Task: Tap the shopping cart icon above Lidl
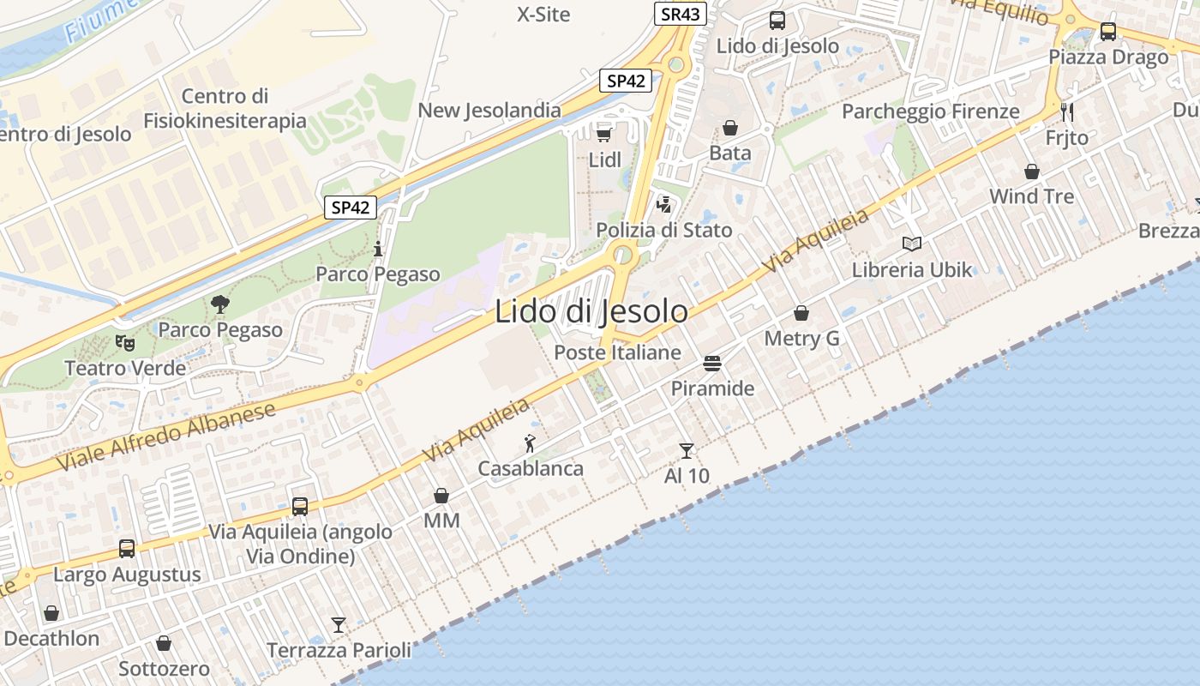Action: click(603, 134)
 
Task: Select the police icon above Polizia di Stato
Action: click(664, 205)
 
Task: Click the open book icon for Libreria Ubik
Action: click(912, 244)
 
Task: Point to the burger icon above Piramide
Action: click(712, 363)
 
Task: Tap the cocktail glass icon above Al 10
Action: click(686, 450)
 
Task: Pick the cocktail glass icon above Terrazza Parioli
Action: click(339, 625)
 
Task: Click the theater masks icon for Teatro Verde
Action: click(125, 343)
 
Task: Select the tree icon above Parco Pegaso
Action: click(220, 304)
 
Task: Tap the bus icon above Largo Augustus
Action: click(127, 549)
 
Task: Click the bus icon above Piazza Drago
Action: click(1108, 32)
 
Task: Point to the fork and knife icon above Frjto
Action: click(1067, 112)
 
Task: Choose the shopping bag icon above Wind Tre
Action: click(1032, 171)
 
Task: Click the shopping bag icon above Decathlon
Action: click(51, 613)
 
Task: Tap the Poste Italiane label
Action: click(617, 352)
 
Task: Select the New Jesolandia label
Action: click(489, 111)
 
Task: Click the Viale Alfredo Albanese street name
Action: click(166, 436)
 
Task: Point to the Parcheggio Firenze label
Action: click(930, 111)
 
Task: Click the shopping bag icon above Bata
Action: click(730, 129)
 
